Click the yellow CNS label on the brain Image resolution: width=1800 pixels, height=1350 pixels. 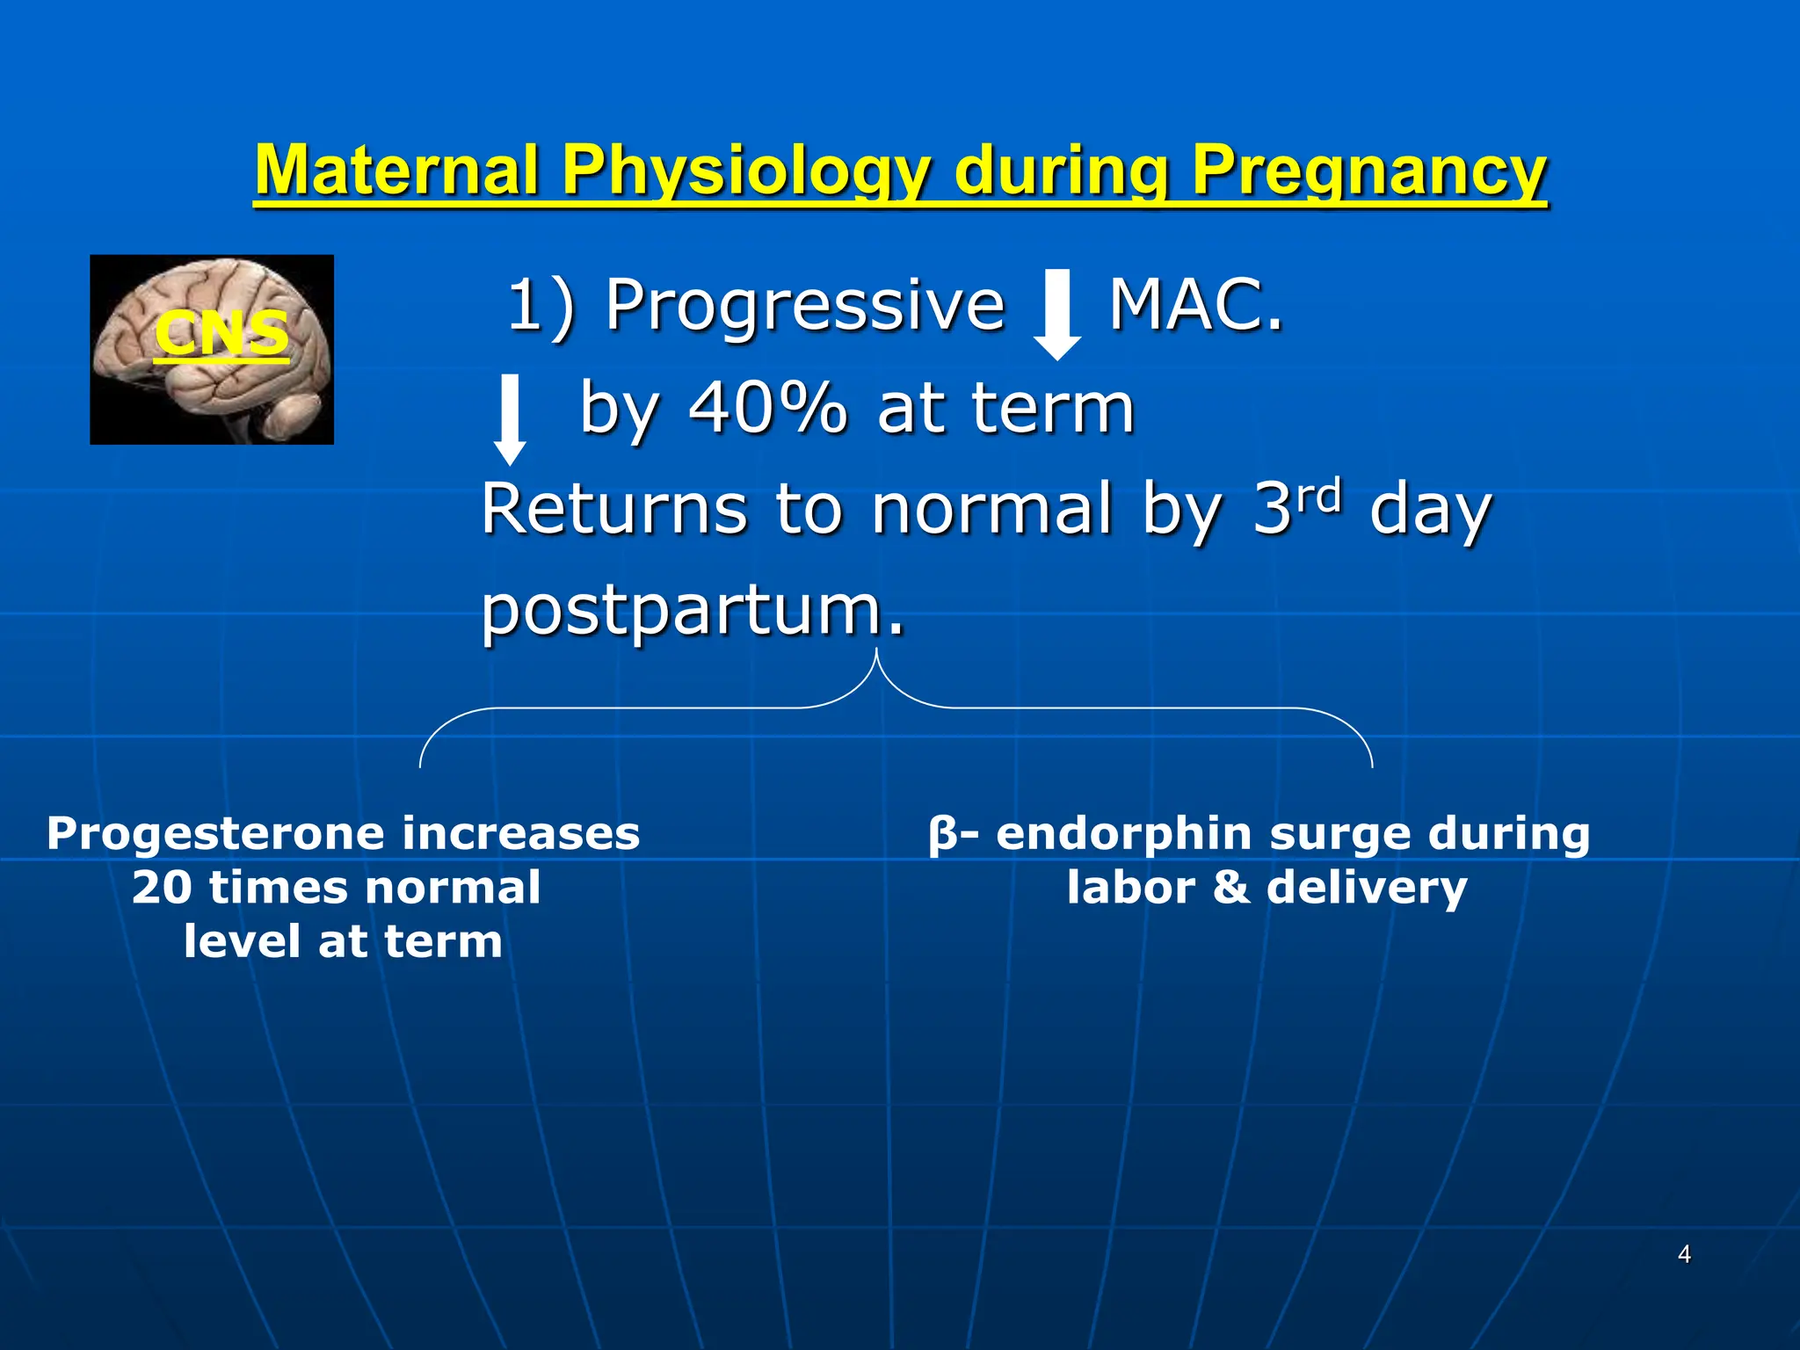tap(221, 334)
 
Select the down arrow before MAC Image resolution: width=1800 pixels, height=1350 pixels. tap(1056, 315)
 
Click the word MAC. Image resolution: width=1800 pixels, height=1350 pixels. tap(1195, 305)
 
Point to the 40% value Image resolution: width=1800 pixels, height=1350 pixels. tap(767, 409)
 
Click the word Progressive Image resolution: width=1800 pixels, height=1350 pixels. tap(804, 305)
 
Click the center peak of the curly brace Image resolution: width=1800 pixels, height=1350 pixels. tap(876, 655)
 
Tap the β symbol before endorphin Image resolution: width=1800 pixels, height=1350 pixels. tap(941, 834)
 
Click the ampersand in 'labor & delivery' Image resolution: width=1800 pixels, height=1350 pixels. tap(1231, 888)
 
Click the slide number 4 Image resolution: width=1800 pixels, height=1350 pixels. tap(1684, 1254)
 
